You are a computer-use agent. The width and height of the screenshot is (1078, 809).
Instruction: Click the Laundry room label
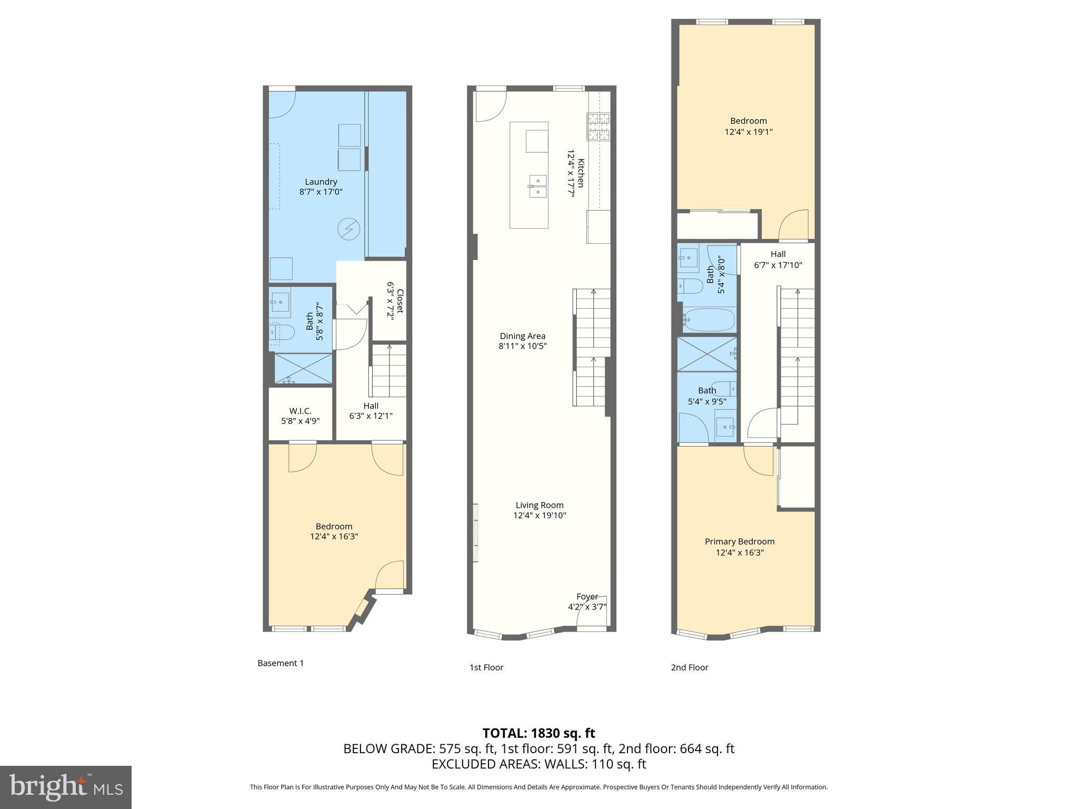point(321,182)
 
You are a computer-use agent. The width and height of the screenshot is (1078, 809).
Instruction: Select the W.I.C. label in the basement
point(300,411)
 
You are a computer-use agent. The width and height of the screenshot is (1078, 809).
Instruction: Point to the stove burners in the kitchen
point(598,127)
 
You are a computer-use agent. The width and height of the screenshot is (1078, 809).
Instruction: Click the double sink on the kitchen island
point(537,186)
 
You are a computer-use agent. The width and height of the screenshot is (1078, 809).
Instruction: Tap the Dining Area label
point(522,336)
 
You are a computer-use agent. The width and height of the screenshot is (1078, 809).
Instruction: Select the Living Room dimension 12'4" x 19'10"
point(540,516)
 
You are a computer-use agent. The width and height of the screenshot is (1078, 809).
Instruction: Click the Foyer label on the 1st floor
point(587,597)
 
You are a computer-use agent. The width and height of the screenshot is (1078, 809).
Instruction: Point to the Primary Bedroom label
point(740,541)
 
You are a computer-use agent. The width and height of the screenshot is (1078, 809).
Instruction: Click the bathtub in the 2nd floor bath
point(708,320)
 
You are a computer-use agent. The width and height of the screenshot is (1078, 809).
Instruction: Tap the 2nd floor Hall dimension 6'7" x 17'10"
point(778,265)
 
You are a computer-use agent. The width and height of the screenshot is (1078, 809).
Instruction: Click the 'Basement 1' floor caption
point(281,663)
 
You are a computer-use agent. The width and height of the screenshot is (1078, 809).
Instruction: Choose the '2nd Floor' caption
point(690,667)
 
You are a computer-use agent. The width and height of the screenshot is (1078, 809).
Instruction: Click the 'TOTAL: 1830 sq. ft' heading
point(538,733)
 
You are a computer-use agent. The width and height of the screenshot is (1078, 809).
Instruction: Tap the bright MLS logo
point(65,787)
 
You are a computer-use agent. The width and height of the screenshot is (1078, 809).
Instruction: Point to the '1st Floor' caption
point(486,667)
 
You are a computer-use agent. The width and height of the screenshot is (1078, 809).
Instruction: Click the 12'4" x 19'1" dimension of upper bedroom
point(748,132)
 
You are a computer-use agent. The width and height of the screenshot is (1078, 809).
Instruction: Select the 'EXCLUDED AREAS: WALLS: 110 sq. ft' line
point(538,764)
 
